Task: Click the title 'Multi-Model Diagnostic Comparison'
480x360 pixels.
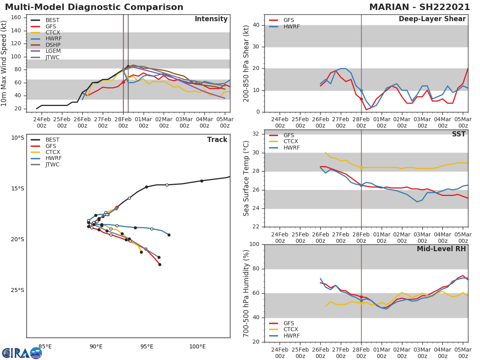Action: coord(94,7)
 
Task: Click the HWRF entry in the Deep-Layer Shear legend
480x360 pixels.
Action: coord(292,27)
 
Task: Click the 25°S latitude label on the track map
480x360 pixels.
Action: coord(17,290)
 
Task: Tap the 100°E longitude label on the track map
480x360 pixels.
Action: coord(197,347)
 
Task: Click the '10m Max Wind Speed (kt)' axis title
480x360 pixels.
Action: coord(4,63)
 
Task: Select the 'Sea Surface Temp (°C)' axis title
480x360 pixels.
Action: coord(246,178)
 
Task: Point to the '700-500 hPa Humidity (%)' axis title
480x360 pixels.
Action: coord(246,293)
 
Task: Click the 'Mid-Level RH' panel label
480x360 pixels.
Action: coord(441,249)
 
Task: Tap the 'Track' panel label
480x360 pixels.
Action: coord(217,140)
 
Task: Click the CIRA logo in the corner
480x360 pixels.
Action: coord(22,353)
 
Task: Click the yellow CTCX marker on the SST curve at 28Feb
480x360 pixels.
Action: coord(361,168)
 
